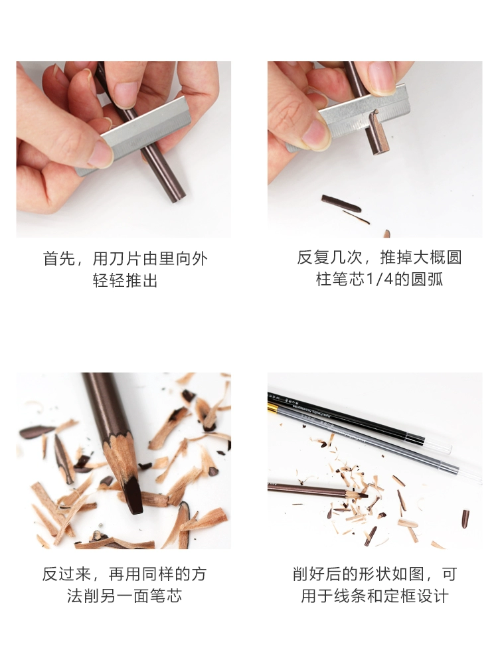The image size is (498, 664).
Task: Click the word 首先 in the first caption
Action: click(59, 258)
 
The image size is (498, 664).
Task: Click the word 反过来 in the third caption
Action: click(66, 574)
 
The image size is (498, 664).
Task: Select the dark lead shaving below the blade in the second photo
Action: click(341, 204)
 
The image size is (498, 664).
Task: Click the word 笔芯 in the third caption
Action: click(166, 596)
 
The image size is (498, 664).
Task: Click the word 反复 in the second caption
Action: click(313, 258)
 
